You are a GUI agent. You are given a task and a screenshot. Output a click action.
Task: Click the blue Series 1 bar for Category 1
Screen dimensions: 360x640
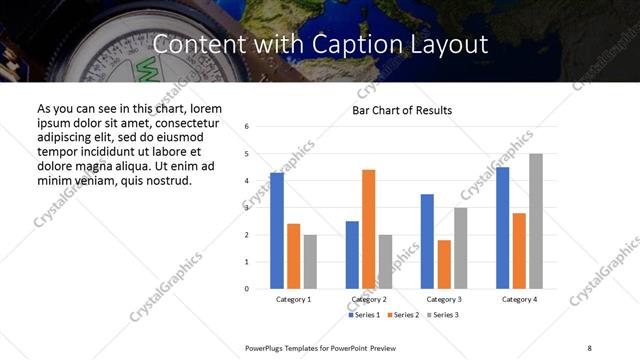pos(277,231)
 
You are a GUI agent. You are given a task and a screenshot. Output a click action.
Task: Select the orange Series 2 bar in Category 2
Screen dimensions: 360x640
pos(368,229)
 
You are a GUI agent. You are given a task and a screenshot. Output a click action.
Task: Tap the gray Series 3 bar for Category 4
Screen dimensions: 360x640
pos(536,221)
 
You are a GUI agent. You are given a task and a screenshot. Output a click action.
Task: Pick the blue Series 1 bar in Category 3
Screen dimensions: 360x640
pos(427,241)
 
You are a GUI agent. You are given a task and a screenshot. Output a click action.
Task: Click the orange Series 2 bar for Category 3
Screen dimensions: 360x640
pos(444,264)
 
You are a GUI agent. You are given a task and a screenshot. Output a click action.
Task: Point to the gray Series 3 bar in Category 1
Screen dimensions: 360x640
pos(310,261)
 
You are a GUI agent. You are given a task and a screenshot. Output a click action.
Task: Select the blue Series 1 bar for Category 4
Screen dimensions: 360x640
pos(502,228)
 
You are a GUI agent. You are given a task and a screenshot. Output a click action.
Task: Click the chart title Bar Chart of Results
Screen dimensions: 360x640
pos(402,110)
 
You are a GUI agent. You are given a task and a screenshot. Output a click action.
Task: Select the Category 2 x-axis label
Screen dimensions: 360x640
pos(369,299)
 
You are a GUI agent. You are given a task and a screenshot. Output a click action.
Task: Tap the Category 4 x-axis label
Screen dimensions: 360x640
pos(519,299)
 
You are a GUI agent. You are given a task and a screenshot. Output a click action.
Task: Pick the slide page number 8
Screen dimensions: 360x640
pos(588,347)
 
